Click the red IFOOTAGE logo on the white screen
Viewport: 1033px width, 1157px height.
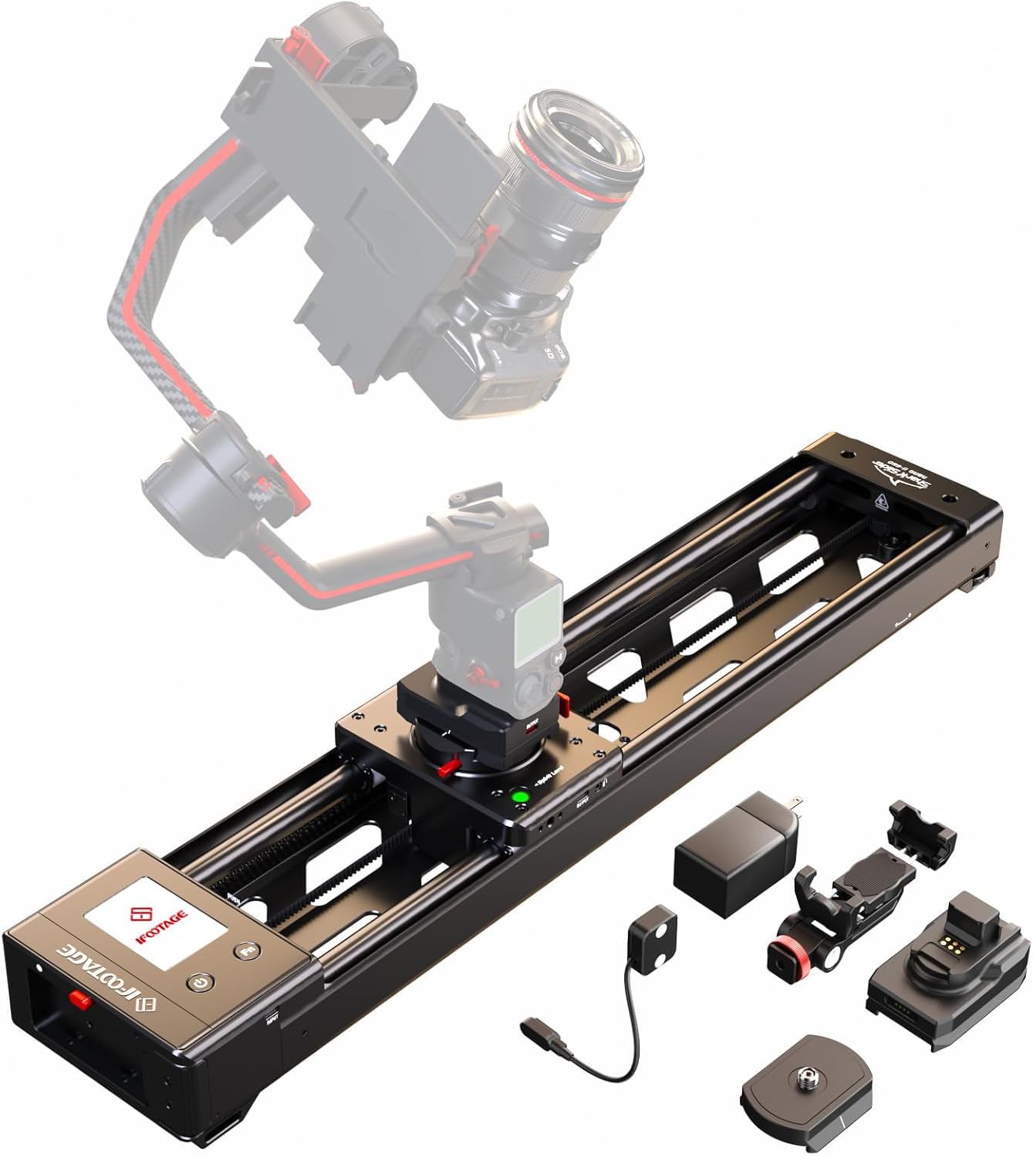[x=140, y=921]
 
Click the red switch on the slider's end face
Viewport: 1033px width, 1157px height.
[x=77, y=1000]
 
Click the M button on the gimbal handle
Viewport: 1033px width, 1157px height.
[x=557, y=658]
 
